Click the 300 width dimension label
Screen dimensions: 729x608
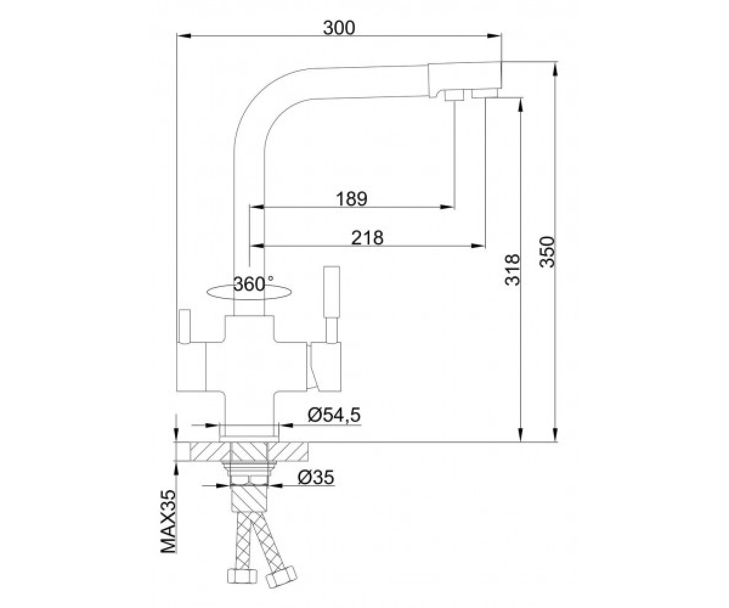(338, 28)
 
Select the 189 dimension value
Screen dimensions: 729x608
(352, 199)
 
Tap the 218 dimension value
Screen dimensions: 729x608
(368, 238)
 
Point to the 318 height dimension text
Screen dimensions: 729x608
(513, 270)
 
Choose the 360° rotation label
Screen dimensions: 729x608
(253, 284)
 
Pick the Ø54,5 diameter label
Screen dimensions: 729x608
(334, 415)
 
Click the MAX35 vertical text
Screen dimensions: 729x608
(168, 522)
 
